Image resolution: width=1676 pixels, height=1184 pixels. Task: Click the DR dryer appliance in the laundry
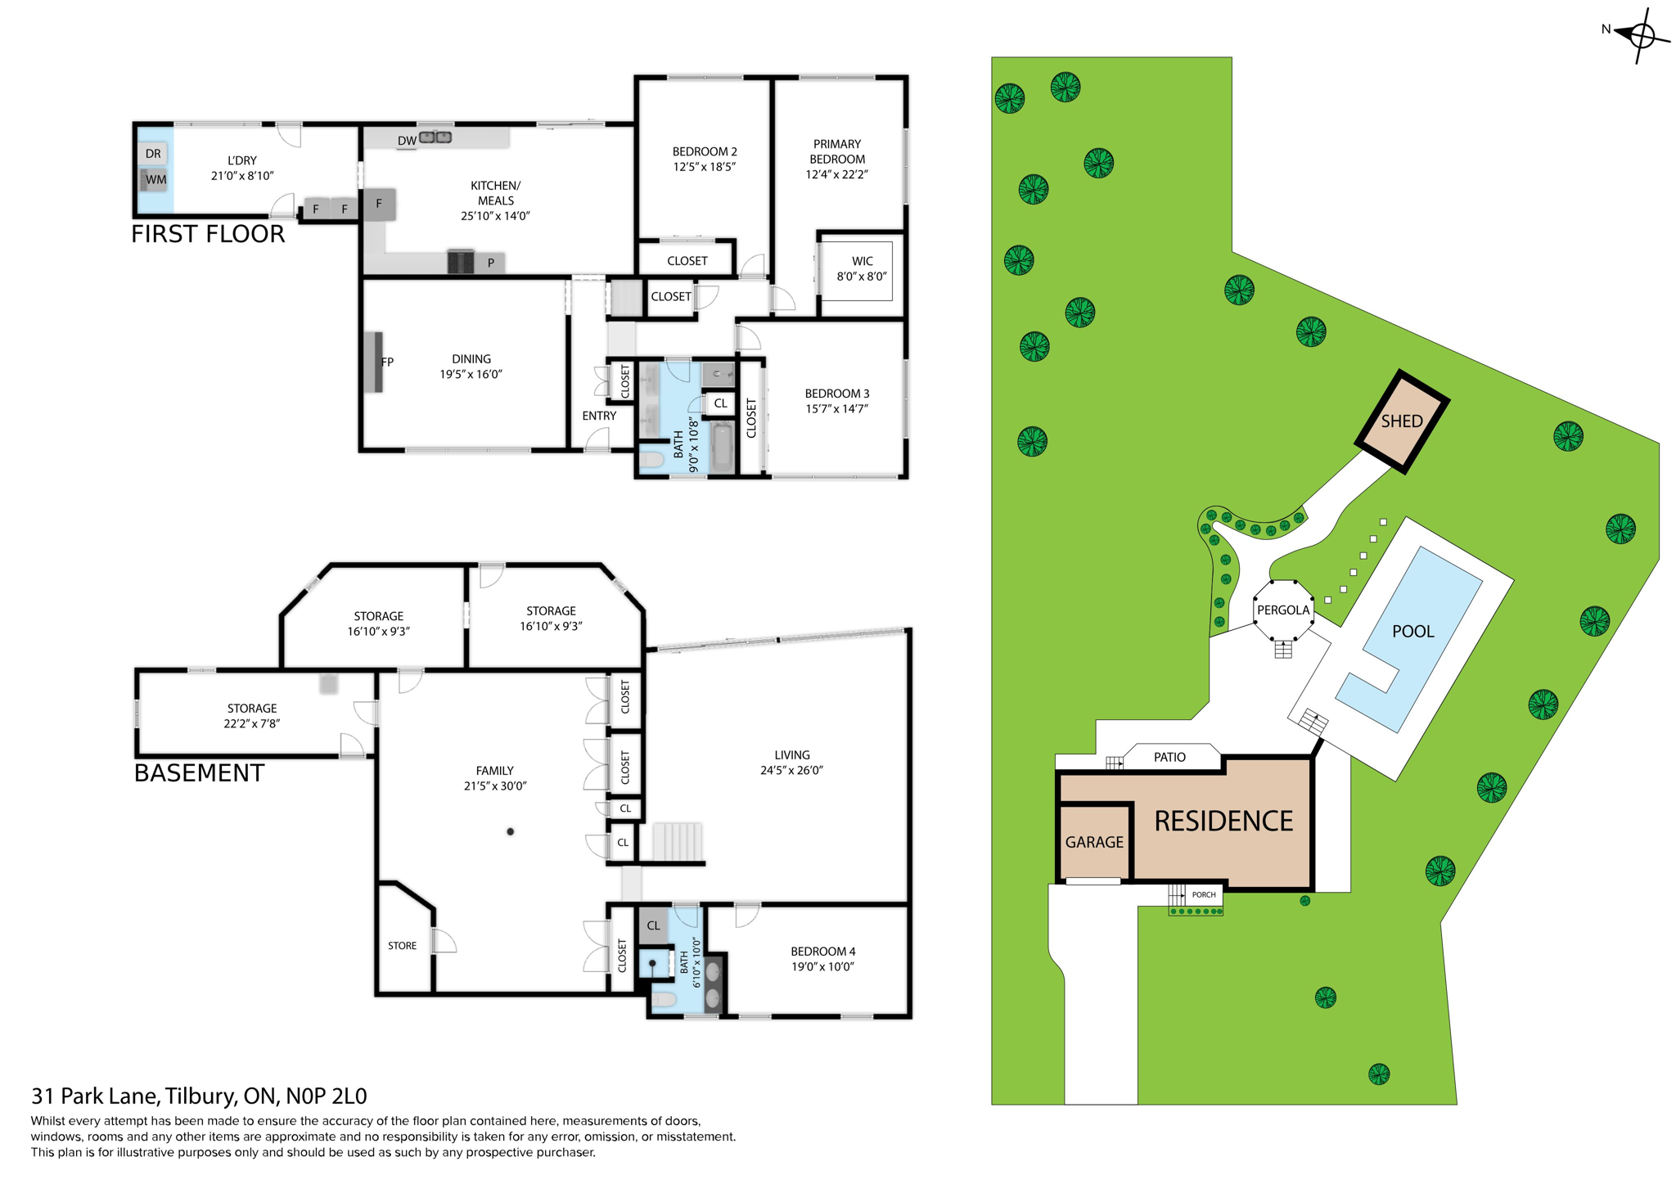coord(154,153)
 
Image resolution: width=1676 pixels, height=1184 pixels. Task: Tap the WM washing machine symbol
coord(155,179)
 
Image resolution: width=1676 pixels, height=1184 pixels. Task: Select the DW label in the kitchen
coord(407,141)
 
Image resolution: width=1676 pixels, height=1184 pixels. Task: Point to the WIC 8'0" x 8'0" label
coord(861,269)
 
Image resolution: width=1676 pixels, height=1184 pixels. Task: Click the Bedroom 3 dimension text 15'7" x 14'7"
coord(836,408)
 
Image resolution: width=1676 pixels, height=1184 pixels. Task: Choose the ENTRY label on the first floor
coord(599,416)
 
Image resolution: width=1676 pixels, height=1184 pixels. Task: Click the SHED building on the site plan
coord(1402,421)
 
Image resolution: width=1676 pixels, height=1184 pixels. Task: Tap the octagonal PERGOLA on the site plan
coord(1282,610)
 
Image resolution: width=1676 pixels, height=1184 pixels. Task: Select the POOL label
coord(1412,631)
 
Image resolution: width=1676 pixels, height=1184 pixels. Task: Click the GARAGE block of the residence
coord(1094,842)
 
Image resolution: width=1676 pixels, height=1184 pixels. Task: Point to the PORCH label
coord(1203,894)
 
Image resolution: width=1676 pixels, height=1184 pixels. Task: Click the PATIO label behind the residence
coord(1169,757)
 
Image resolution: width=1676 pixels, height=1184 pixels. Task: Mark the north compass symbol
coord(1639,34)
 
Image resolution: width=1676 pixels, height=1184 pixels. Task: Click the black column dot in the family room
coord(510,831)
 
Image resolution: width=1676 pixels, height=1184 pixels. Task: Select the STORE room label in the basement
coord(402,945)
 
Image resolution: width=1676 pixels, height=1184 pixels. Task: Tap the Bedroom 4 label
coord(822,951)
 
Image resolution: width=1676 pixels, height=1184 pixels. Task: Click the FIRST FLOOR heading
coord(208,234)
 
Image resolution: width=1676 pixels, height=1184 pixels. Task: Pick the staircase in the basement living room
coord(678,841)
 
